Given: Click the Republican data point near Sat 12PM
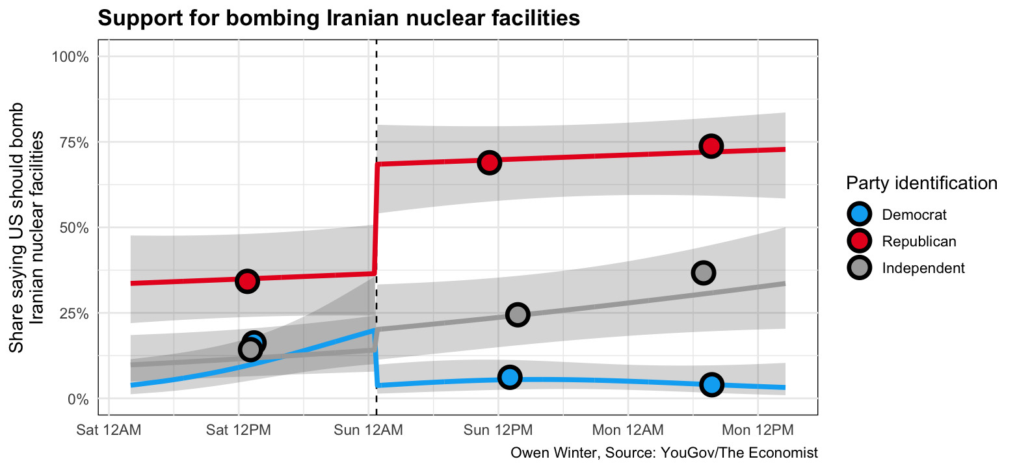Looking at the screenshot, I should pos(247,281).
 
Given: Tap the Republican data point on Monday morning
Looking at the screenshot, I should pos(711,146).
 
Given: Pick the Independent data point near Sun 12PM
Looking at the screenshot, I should pos(518,315).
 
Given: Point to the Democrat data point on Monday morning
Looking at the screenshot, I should pos(712,384).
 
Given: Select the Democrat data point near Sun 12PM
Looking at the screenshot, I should pos(510,377).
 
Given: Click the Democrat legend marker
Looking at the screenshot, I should pos(860,214).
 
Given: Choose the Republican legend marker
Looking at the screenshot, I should pos(860,241).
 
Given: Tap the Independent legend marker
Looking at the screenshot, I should pos(860,268).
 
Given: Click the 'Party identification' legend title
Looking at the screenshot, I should pos(921,183).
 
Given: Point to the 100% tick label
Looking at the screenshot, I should pos(70,57).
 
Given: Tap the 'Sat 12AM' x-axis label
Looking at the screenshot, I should pos(109,430).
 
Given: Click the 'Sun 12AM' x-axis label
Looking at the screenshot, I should pos(369,430).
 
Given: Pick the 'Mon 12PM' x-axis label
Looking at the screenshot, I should pos(758,430).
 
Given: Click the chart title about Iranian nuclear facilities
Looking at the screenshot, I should pos(338,19).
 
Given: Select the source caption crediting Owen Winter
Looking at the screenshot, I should pos(664,452).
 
